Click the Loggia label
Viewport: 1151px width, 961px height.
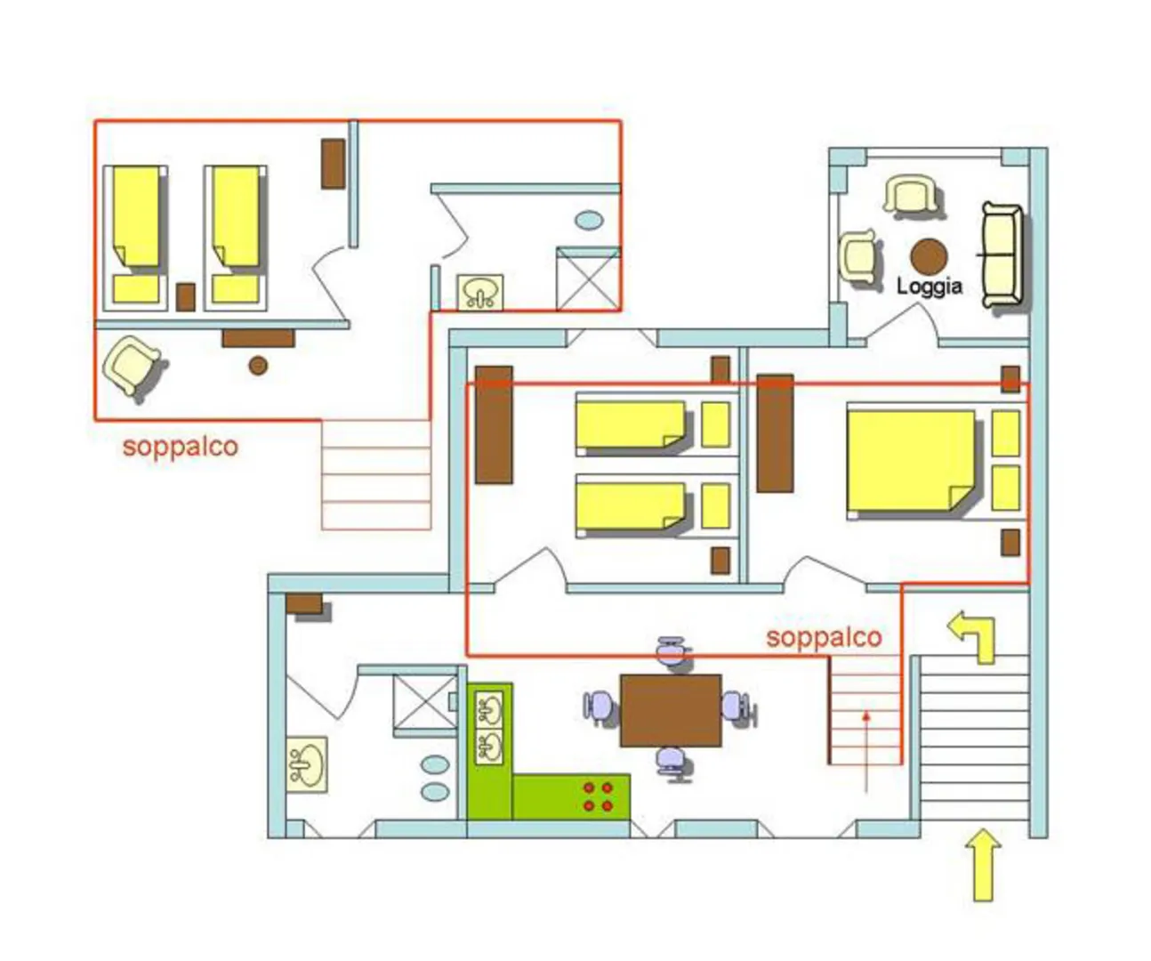point(929,287)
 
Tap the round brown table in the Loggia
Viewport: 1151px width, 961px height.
point(929,256)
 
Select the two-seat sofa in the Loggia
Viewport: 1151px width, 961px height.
point(1002,255)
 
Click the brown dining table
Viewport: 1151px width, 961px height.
point(671,710)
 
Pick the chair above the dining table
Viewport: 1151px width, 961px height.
point(673,651)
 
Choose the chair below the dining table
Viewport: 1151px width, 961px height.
point(673,763)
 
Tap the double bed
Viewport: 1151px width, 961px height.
point(911,461)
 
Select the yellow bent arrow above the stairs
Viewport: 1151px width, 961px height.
point(971,637)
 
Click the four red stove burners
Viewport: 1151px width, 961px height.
point(598,796)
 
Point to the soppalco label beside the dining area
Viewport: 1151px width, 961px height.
point(824,638)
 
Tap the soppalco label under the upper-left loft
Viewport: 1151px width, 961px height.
point(181,447)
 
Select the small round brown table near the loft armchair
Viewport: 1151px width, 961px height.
point(258,365)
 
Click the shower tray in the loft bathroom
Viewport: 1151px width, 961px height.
point(588,279)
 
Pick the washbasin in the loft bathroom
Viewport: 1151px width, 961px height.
point(480,292)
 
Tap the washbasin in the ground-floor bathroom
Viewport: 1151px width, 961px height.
point(307,764)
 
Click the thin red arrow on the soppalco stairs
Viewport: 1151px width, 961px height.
point(866,753)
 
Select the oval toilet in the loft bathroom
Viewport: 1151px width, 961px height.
point(589,221)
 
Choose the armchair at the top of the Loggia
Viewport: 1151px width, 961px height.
point(910,195)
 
